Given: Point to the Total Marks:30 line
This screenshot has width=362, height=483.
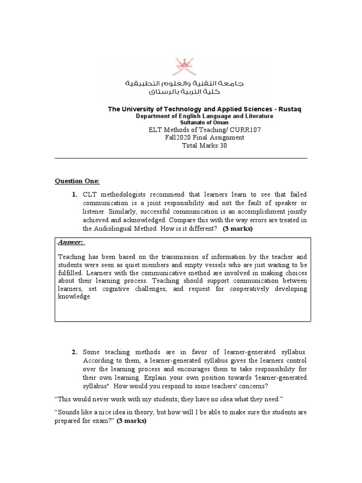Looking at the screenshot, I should [x=204, y=145].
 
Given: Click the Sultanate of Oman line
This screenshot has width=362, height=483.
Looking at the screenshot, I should [x=204, y=122].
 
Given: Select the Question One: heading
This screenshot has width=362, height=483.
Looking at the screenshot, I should [x=77, y=181].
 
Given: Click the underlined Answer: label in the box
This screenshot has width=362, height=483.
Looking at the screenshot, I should [x=71, y=242].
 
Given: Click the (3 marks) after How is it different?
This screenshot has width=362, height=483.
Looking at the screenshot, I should [x=238, y=229].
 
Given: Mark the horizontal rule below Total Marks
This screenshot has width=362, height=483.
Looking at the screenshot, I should [x=181, y=158].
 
